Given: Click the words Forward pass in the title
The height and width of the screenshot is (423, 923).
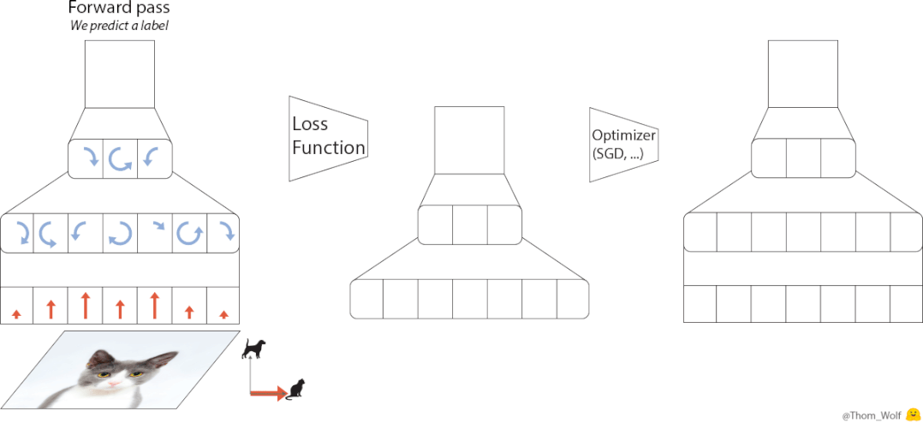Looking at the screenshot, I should pyautogui.click(x=119, y=9).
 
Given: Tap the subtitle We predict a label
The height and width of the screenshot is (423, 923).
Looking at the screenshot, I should pyautogui.click(x=119, y=27).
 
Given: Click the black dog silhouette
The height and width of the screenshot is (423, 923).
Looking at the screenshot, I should pyautogui.click(x=254, y=347).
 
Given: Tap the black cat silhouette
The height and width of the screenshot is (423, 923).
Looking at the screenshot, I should pyautogui.click(x=296, y=389).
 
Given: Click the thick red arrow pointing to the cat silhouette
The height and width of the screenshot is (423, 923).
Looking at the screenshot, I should pyautogui.click(x=267, y=394).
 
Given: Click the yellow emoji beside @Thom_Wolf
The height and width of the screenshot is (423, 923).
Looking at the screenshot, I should pyautogui.click(x=912, y=414).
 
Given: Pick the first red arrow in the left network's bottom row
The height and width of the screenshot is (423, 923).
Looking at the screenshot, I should pyautogui.click(x=16, y=314).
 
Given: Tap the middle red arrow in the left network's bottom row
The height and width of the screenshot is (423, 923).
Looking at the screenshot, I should pyautogui.click(x=120, y=308).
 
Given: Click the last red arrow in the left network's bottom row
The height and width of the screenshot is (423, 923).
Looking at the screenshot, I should pyautogui.click(x=223, y=314).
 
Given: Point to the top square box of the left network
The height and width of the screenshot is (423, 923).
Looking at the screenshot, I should pyautogui.click(x=120, y=74).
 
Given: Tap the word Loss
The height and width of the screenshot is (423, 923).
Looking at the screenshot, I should pyautogui.click(x=309, y=123).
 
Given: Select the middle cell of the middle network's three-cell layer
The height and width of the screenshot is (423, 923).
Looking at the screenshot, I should pyautogui.click(x=469, y=225).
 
